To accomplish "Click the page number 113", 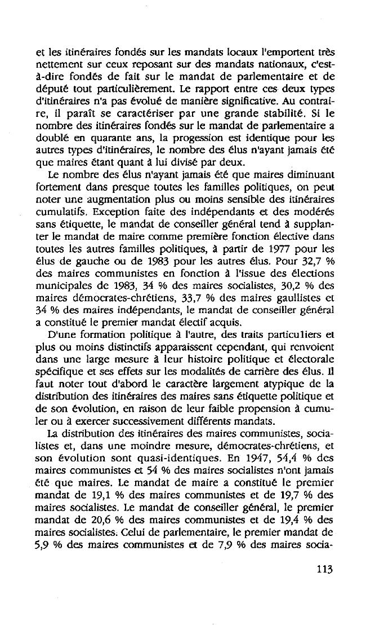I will tap(324, 569).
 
